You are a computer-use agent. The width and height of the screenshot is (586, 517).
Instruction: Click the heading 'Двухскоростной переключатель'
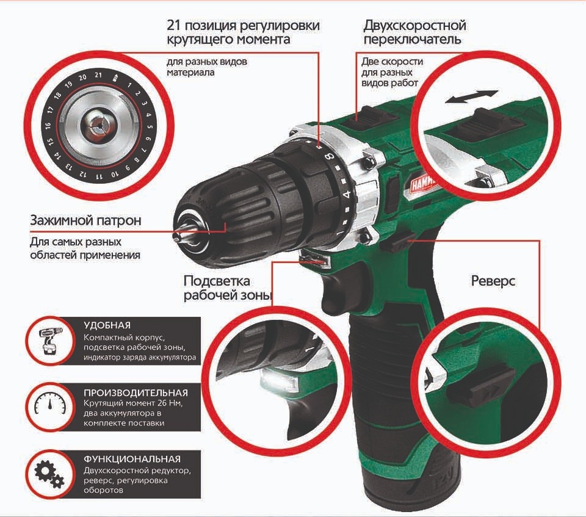(414, 32)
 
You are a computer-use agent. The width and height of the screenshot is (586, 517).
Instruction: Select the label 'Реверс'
(493, 281)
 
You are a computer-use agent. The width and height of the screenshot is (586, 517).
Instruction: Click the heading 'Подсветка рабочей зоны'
(226, 289)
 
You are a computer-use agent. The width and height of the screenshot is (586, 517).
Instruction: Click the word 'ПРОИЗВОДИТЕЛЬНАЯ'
(136, 392)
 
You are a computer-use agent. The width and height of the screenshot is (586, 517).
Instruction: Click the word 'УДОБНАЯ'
(107, 325)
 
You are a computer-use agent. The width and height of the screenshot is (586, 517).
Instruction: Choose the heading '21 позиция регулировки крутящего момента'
(243, 32)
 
